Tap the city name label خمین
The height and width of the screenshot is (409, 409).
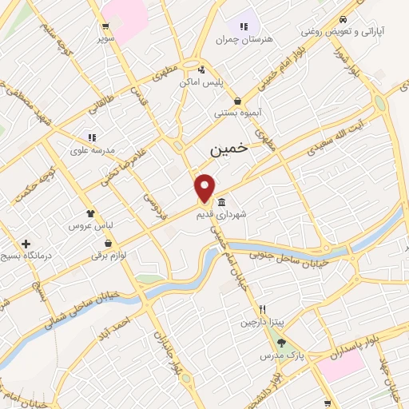229,149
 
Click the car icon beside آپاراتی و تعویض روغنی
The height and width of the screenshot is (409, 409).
342,20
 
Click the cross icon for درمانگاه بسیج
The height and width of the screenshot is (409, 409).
26,244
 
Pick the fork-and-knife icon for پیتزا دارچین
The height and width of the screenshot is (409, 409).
260,310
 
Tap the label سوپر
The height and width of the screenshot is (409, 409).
106,38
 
